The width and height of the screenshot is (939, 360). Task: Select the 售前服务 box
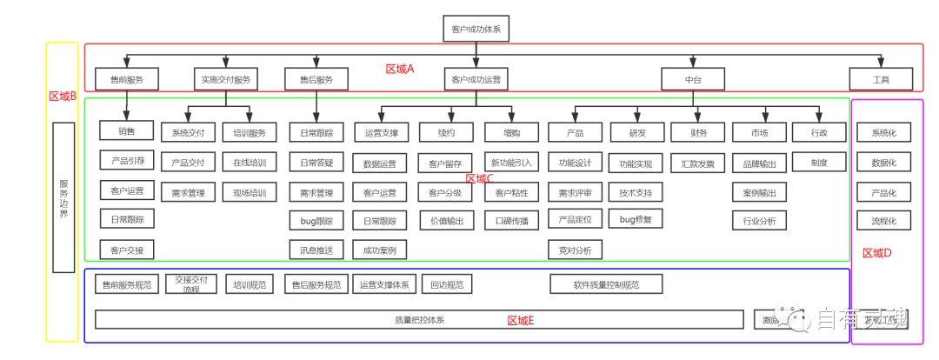127,80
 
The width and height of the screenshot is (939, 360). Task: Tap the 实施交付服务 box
225,80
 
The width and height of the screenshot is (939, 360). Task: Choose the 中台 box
693,80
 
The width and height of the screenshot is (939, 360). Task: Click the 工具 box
882,80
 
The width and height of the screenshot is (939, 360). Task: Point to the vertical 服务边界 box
63,197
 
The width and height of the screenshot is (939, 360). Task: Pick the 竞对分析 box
575,250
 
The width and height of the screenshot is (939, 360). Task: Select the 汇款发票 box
697,163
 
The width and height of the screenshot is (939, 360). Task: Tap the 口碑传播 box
511,221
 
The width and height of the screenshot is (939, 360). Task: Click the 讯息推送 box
316,250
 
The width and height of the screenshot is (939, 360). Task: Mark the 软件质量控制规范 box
606,284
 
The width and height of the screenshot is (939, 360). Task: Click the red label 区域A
400,69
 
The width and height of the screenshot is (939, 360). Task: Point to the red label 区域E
520,321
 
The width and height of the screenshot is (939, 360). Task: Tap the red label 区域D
876,253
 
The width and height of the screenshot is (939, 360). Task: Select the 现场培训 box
250,192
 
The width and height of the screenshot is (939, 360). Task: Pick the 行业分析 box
759,221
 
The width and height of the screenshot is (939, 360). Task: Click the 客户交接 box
127,250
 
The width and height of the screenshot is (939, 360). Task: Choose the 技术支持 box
635,192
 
